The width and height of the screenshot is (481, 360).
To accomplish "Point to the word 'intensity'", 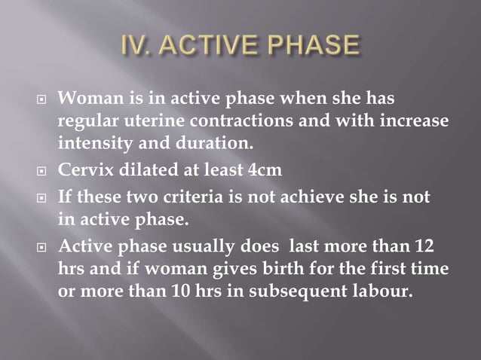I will point(94,142).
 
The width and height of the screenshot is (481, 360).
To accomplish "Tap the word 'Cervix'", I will point(84,170).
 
